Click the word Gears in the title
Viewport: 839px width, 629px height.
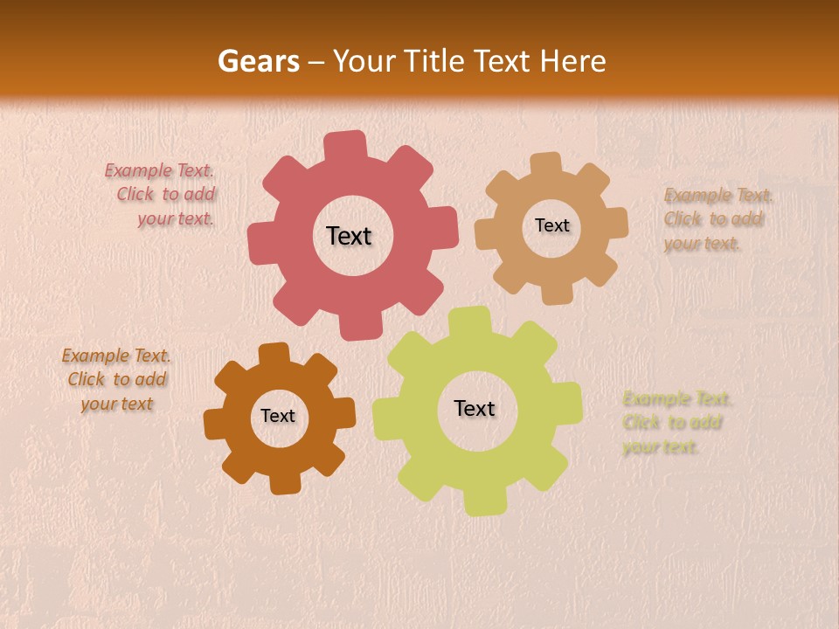[258, 61]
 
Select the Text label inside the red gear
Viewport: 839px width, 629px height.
[349, 236]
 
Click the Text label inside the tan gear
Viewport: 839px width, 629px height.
[551, 225]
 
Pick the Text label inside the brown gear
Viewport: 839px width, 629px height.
[278, 416]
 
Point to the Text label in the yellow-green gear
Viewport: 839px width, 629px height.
[475, 408]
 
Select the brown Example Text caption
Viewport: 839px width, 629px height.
[116, 380]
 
